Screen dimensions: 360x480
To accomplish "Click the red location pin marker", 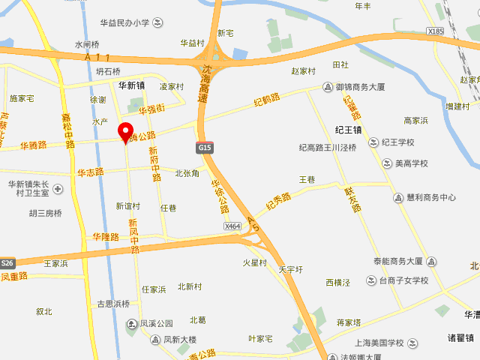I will [126, 131].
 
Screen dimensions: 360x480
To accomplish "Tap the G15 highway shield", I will [205, 148].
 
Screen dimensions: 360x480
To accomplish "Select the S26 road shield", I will [7, 263].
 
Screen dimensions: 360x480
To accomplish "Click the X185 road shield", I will [436, 31].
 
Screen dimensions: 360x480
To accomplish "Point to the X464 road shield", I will [232, 226].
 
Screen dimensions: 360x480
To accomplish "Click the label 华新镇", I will [131, 85].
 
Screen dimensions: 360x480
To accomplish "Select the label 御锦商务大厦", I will [360, 88].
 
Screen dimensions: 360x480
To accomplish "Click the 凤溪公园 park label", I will [157, 324].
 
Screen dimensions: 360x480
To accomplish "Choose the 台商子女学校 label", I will [403, 280].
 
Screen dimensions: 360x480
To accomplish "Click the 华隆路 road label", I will [106, 236].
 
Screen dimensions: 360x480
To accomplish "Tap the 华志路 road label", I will [91, 172].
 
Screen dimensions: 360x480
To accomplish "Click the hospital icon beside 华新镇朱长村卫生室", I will [58, 188].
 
